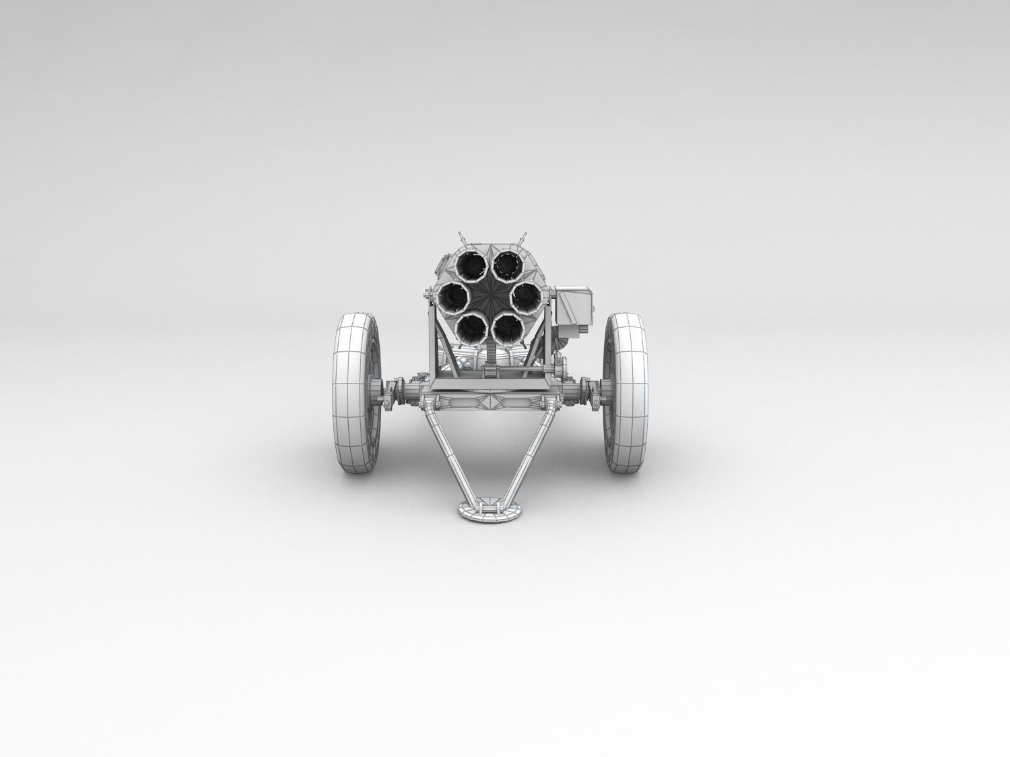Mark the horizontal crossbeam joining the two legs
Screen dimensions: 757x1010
tap(490, 404)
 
